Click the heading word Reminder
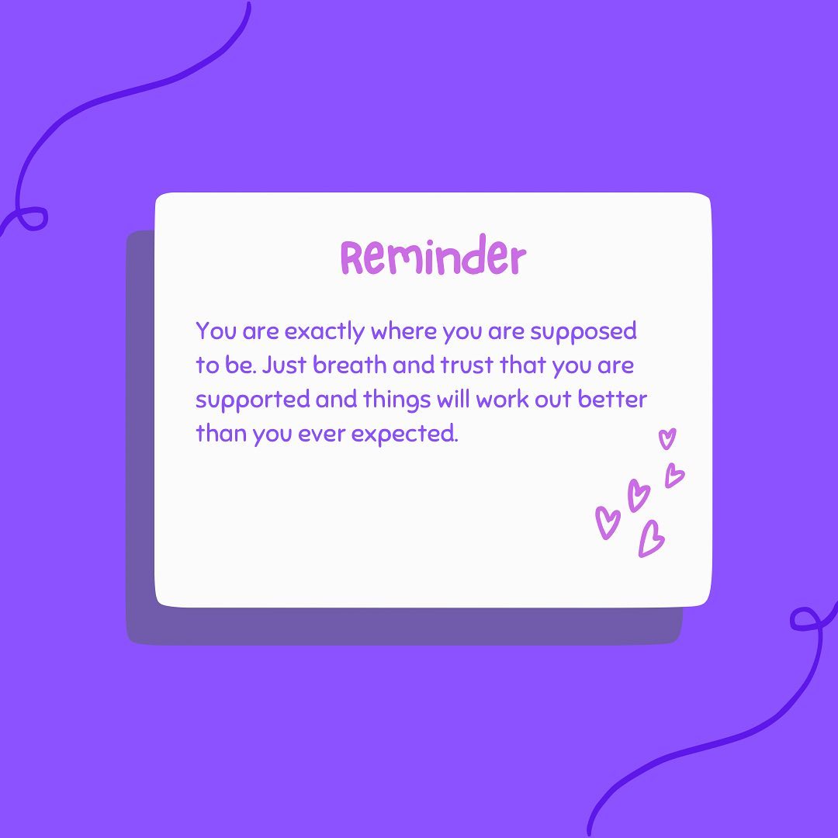coord(433,258)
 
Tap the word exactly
coord(325,332)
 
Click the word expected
coord(404,434)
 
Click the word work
coord(507,399)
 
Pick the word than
coord(221,433)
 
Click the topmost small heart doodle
coord(667,438)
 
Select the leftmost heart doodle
coord(607,521)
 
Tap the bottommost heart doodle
coord(650,538)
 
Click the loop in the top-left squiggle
coord(33,218)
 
